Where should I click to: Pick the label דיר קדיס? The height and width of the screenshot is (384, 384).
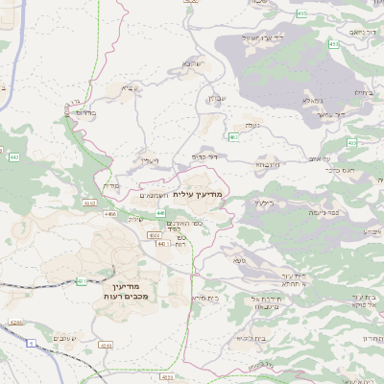pos(204,156)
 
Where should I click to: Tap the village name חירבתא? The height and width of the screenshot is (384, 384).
pos(269,162)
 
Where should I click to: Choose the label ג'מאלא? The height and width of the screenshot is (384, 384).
pos(313,101)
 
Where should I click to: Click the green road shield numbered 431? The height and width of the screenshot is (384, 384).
pos(82,281)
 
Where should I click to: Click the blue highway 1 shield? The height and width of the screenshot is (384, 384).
pos(31,343)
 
